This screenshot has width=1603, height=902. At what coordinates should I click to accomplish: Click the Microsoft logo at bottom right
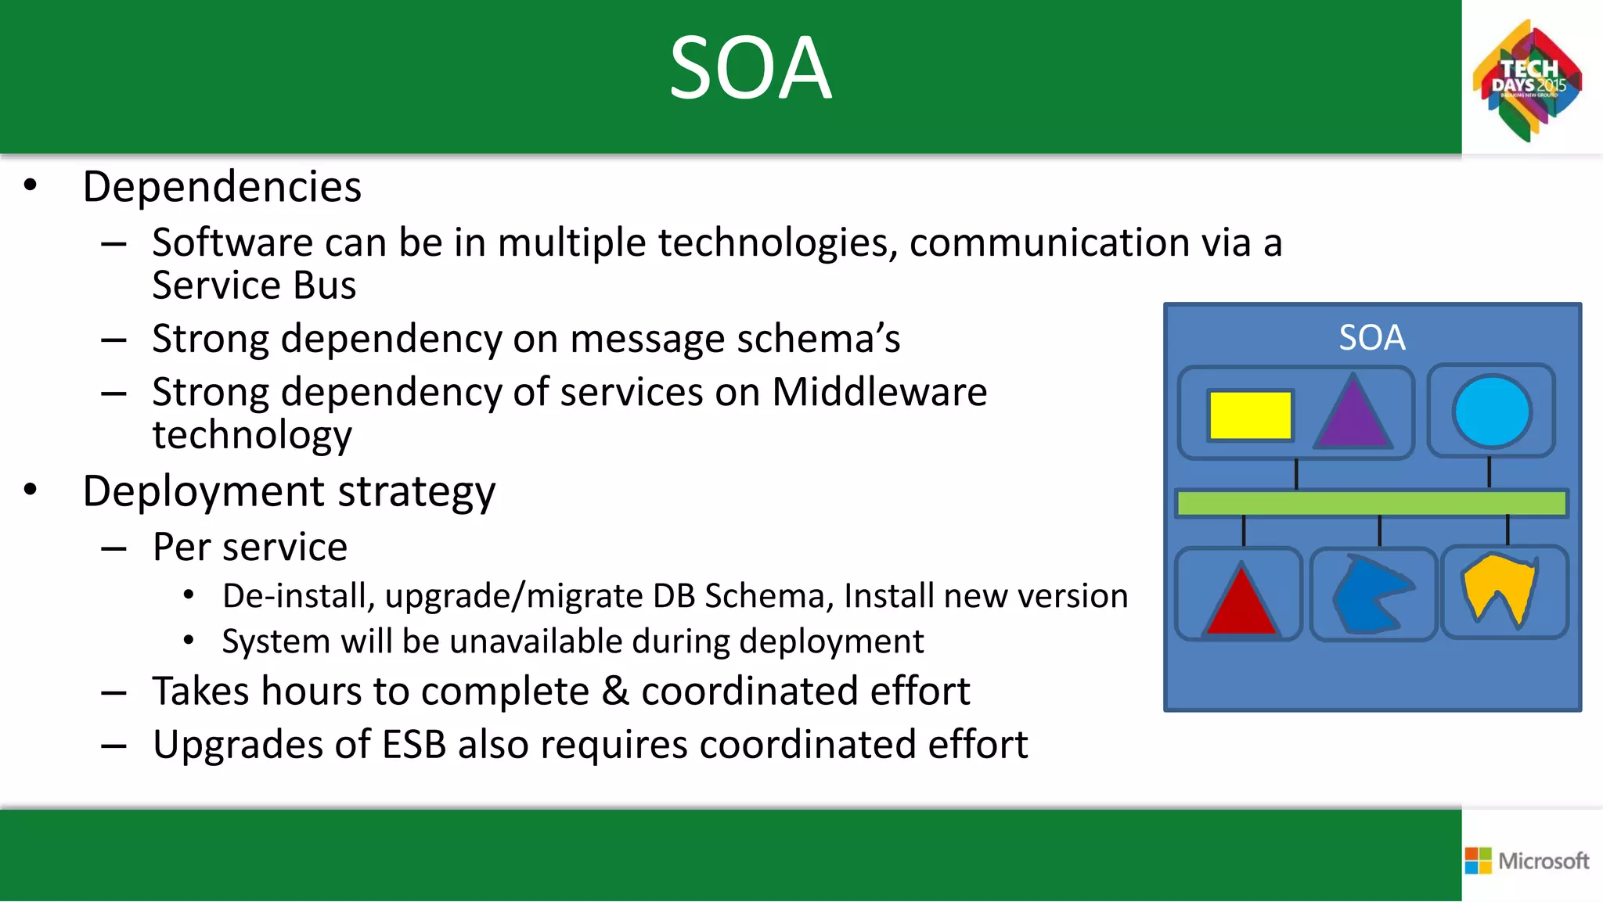point(1527,861)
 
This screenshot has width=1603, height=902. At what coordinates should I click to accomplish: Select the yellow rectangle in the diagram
point(1250,415)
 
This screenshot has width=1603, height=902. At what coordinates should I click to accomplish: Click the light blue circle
point(1492,411)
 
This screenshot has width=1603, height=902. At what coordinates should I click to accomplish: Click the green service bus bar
point(1371,503)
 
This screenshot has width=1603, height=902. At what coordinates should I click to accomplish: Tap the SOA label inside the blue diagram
point(1371,338)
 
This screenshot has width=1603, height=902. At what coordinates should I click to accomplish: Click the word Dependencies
point(222,187)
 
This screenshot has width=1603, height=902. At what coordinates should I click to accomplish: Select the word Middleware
point(879,392)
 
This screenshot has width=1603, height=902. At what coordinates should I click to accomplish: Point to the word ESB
point(413,745)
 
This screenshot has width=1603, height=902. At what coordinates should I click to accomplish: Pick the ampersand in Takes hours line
point(616,692)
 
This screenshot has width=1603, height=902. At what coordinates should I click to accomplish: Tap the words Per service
point(250,547)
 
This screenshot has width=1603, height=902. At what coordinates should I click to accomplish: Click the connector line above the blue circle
point(1489,473)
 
